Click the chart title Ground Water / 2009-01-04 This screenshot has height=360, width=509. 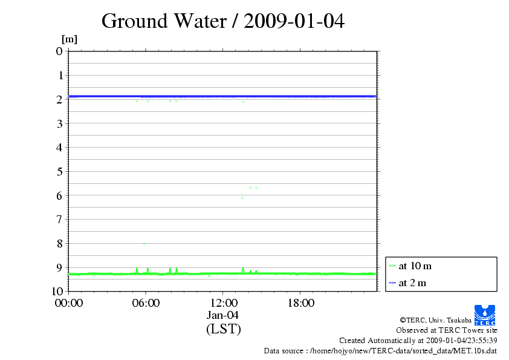click(223, 21)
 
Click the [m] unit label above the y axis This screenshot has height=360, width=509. click(70, 39)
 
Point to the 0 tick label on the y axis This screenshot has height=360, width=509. click(59, 51)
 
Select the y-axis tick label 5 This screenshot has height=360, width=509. click(59, 171)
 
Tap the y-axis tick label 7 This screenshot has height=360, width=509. click(59, 219)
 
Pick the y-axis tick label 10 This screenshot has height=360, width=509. click(57, 291)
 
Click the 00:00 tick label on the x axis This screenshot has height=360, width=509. click(68, 303)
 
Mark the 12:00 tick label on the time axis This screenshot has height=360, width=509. click(223, 303)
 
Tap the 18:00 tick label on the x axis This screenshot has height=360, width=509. click(300, 303)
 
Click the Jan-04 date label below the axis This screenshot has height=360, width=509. click(223, 315)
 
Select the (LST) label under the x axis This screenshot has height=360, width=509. click(223, 329)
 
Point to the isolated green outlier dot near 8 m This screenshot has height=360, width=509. click(144, 243)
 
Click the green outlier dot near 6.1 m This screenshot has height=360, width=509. click(242, 198)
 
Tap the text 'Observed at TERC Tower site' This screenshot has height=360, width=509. click(446, 330)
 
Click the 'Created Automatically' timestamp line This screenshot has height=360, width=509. click(418, 341)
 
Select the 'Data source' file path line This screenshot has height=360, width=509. click(380, 351)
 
